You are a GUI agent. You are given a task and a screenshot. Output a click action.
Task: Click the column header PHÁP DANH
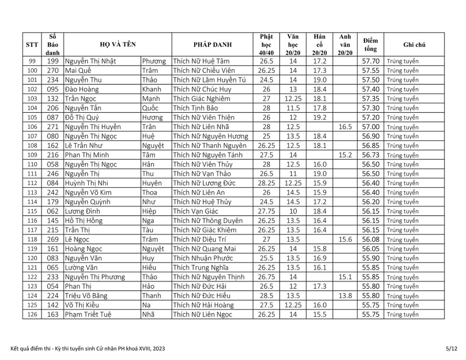click(212, 45)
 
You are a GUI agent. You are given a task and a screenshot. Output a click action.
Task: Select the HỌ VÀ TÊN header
click(117, 45)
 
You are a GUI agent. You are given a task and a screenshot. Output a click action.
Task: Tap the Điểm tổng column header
click(370, 45)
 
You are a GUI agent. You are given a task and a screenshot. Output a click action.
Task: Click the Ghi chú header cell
click(414, 45)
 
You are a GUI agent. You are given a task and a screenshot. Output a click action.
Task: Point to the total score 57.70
click(370, 61)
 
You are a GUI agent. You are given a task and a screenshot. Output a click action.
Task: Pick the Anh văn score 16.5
click(345, 127)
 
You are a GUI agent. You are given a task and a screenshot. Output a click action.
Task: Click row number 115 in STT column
click(32, 211)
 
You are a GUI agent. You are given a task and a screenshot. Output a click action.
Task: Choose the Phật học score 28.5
click(266, 296)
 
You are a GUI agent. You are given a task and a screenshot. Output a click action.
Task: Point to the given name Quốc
click(150, 108)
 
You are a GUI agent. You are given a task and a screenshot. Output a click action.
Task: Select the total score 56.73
click(370, 155)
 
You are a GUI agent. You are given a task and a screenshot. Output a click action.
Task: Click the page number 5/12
click(451, 348)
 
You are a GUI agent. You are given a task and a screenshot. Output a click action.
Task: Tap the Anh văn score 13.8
click(345, 296)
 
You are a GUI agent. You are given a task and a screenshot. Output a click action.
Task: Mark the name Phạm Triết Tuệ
click(88, 314)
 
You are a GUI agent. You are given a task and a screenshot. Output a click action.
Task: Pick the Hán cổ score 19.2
click(319, 117)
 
